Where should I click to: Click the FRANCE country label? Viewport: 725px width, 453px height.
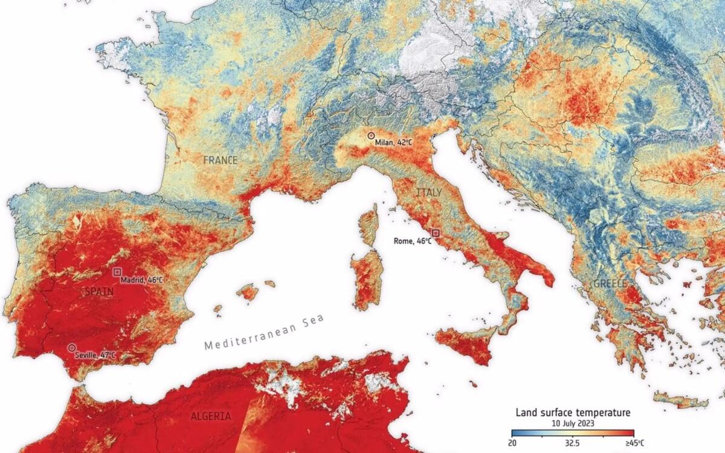pyautogui.click(x=220, y=161)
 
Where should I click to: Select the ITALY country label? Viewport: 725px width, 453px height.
pyautogui.click(x=428, y=192)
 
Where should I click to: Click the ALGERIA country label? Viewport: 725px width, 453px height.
pyautogui.click(x=210, y=417)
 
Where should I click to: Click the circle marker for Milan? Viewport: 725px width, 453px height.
pyautogui.click(x=371, y=137)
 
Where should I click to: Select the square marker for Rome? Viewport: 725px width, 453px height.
pyautogui.click(x=436, y=233)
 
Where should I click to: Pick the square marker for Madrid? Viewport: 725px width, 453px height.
pyautogui.click(x=117, y=272)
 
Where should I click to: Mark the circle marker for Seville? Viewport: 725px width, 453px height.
pyautogui.click(x=72, y=348)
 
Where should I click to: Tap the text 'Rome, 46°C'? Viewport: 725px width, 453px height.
pyautogui.click(x=413, y=241)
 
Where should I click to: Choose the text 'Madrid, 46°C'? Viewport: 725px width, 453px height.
pyautogui.click(x=141, y=280)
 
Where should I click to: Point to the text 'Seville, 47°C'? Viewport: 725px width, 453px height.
pyautogui.click(x=95, y=355)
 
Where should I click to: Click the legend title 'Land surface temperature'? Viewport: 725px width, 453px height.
pyautogui.click(x=573, y=413)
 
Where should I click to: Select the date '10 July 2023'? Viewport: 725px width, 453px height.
pyautogui.click(x=573, y=423)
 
